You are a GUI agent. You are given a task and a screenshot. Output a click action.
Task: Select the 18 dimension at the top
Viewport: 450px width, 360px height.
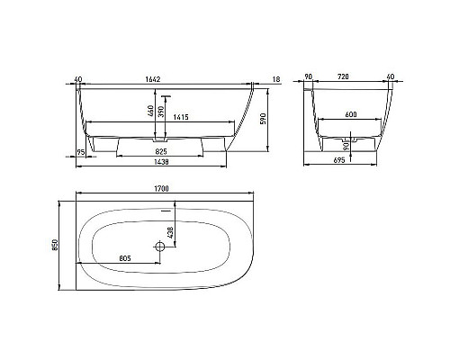(274, 80)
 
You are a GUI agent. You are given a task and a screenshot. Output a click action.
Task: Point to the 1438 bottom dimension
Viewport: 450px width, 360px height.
(162, 163)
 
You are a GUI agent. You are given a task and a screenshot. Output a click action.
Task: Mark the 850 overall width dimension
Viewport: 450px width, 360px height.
(56, 244)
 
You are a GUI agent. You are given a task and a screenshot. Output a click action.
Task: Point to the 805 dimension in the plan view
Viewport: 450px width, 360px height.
(125, 258)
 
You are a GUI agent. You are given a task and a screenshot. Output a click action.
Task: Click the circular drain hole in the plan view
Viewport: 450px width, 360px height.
(161, 246)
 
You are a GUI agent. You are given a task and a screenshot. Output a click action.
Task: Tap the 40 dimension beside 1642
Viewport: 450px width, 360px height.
(80, 80)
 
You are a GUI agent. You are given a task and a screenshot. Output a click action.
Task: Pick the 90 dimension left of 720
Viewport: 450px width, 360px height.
(310, 80)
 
